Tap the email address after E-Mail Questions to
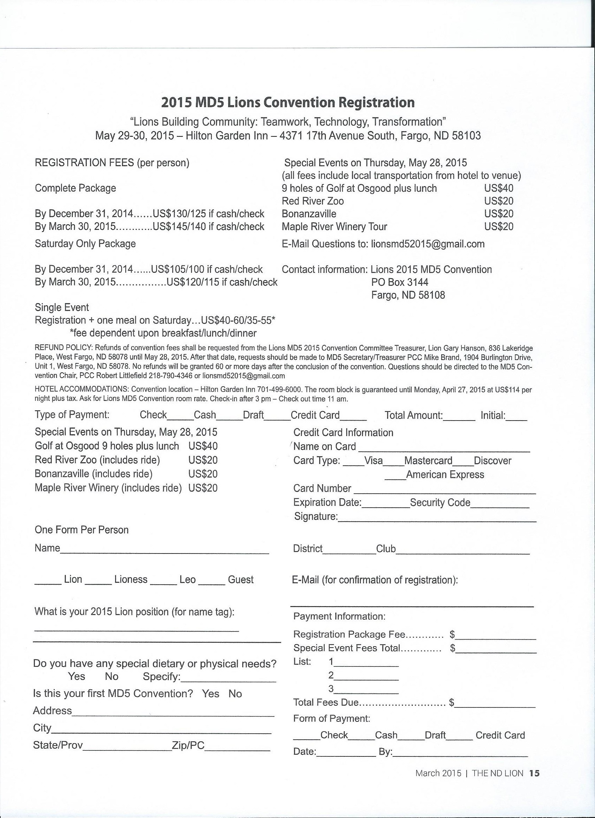tap(428, 244)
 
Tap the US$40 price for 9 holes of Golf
tap(499, 188)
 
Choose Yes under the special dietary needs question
tap(77, 676)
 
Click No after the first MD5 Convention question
tap(235, 693)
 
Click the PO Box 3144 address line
tap(400, 282)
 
